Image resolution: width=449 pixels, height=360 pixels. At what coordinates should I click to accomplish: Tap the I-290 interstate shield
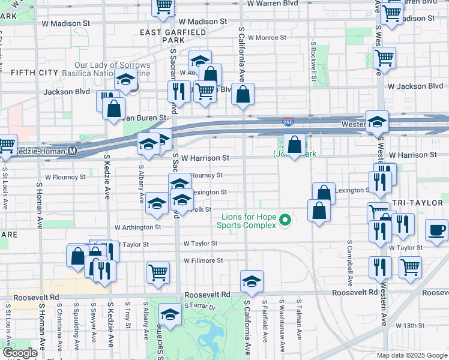288,122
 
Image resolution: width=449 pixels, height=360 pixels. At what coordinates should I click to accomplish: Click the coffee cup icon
436,230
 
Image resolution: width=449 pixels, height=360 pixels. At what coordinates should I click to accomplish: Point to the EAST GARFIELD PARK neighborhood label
169,35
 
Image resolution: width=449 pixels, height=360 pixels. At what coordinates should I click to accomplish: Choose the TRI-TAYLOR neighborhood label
411,203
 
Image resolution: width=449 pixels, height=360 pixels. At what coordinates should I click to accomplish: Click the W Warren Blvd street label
274,3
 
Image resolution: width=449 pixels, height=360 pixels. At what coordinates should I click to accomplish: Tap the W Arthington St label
138,227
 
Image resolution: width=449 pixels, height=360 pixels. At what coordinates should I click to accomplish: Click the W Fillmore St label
203,260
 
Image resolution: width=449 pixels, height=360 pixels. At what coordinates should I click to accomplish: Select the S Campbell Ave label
349,264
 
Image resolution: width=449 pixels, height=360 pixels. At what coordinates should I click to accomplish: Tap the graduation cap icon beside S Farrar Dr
170,314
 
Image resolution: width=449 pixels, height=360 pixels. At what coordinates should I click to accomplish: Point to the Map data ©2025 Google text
411,355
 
